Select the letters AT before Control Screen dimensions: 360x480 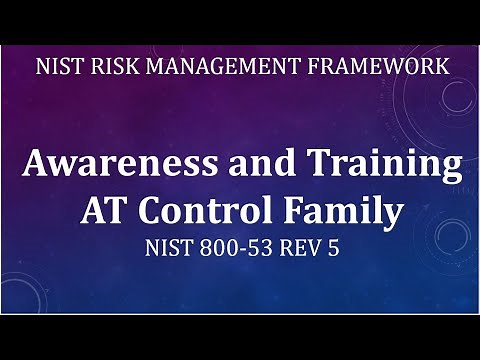tap(102, 211)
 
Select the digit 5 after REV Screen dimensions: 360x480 tap(334, 249)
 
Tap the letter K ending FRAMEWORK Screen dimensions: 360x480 tap(441, 68)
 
